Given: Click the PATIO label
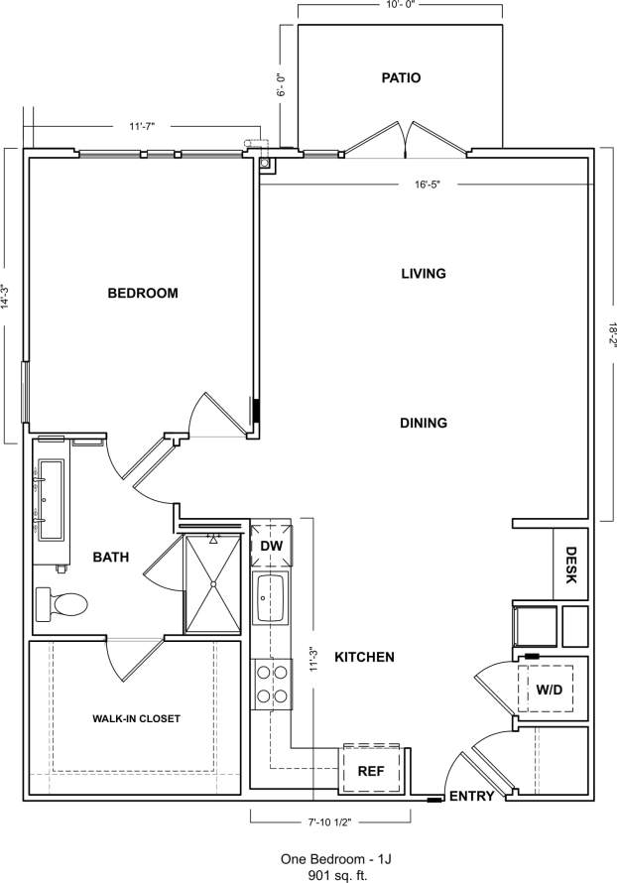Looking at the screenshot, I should pyautogui.click(x=401, y=77).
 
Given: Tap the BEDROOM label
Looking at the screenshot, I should pyautogui.click(x=143, y=293).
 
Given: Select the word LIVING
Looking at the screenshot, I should pyautogui.click(x=424, y=273).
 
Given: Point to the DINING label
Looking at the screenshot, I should pyautogui.click(x=424, y=423).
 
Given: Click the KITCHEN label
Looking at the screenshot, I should pyautogui.click(x=364, y=657).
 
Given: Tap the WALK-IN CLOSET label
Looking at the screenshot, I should pyautogui.click(x=137, y=718).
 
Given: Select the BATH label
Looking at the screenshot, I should pyautogui.click(x=111, y=558).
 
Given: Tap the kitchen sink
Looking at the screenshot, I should pyautogui.click(x=270, y=598).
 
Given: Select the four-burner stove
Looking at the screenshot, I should pyautogui.click(x=270, y=685).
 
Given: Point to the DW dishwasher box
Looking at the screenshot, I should pyautogui.click(x=270, y=546).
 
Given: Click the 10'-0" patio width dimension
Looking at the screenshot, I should pyautogui.click(x=400, y=5).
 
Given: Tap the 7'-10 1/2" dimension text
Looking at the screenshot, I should pyautogui.click(x=330, y=820).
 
